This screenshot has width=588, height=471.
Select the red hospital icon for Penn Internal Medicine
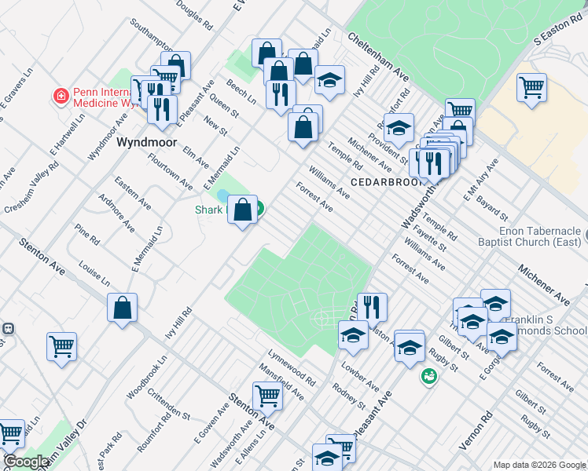coord(60,97)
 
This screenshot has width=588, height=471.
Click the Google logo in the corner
coord(27,462)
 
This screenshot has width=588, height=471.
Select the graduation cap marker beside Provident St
coord(399,127)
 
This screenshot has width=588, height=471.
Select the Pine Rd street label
coord(86,234)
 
